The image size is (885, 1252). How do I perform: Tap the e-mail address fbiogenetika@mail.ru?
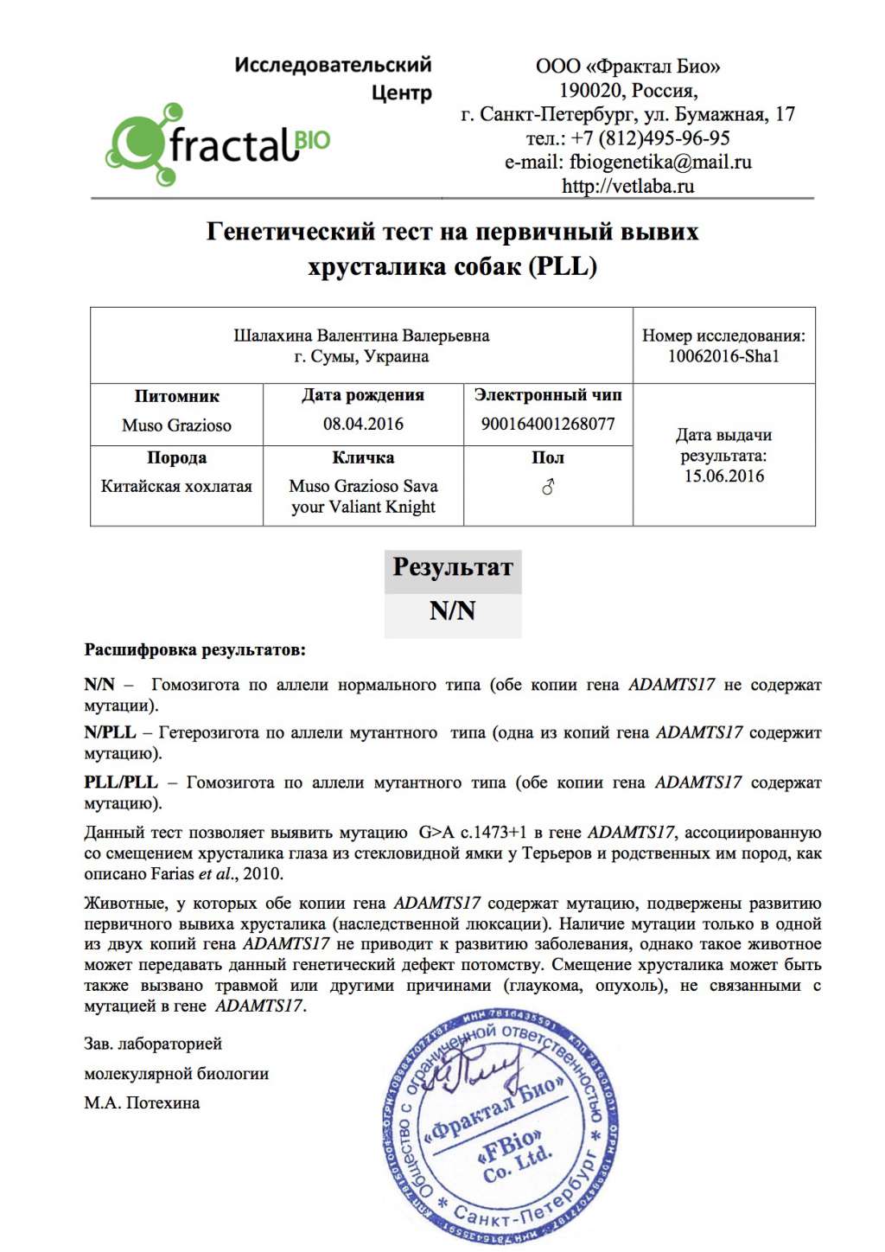click(x=660, y=162)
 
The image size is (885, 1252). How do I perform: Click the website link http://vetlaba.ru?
click(x=627, y=186)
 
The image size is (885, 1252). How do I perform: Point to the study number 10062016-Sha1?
click(x=723, y=356)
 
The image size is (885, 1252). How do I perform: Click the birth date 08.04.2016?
click(x=363, y=424)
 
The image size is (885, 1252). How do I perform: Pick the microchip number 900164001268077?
click(x=548, y=424)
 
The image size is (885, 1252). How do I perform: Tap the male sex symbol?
click(x=548, y=488)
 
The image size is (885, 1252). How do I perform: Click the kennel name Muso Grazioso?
click(x=176, y=425)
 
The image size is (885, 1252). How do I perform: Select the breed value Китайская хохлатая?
click(x=176, y=486)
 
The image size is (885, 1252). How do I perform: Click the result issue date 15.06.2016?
click(x=724, y=476)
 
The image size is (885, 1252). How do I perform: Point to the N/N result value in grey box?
click(x=453, y=611)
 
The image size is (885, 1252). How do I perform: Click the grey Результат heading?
click(x=453, y=568)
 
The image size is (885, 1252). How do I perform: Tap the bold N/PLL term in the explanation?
click(x=110, y=732)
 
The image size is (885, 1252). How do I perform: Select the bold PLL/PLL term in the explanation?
click(x=121, y=782)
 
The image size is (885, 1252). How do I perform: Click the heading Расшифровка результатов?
click(x=194, y=649)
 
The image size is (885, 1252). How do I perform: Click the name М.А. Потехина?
click(x=142, y=1103)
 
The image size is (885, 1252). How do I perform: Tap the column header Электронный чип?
click(x=548, y=395)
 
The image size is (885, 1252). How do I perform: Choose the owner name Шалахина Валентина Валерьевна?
click(x=361, y=335)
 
